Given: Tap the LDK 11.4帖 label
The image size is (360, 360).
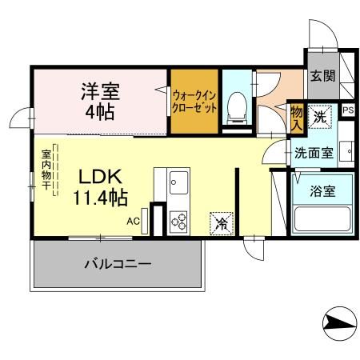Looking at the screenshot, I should tap(101, 185).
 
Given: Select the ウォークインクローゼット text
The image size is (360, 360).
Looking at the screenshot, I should tap(194, 102).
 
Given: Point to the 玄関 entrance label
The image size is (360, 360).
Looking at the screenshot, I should tap(322, 78).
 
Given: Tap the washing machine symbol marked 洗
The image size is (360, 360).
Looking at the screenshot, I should tap(320, 115).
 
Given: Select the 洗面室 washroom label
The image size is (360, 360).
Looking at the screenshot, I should tap(314, 152).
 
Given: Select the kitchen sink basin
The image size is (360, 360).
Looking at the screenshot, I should tap(177, 184).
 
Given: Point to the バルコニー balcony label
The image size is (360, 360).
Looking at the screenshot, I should tap(118, 264).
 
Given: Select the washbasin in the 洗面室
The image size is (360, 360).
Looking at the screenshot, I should tap(346, 150).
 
